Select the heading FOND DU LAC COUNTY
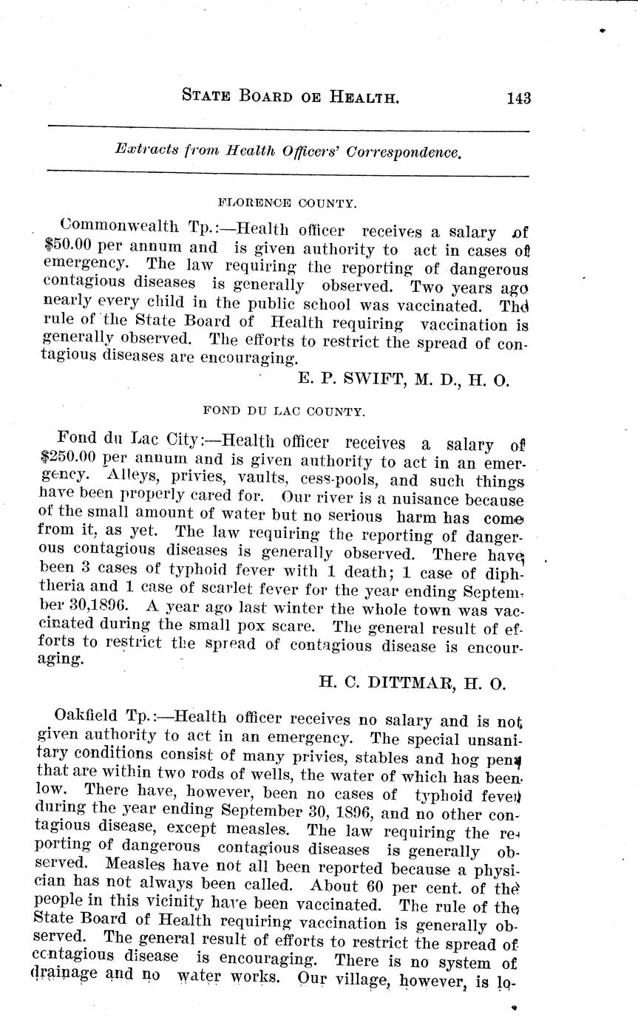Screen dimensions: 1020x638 point(283,412)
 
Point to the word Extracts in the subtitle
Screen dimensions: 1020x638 point(147,150)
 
